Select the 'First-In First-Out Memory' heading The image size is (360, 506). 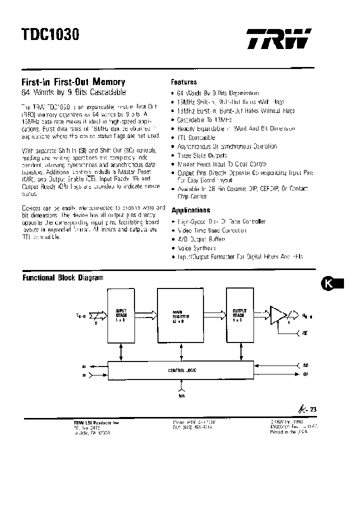[x=73, y=82]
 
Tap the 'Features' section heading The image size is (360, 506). [x=184, y=82]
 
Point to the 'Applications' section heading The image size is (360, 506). [x=190, y=210]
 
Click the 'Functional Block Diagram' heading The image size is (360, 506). [x=63, y=277]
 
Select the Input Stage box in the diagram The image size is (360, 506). [x=121, y=316]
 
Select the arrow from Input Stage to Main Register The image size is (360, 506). [x=145, y=315]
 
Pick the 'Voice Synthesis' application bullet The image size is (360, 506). [x=197, y=248]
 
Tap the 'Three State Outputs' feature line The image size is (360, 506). [x=202, y=155]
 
